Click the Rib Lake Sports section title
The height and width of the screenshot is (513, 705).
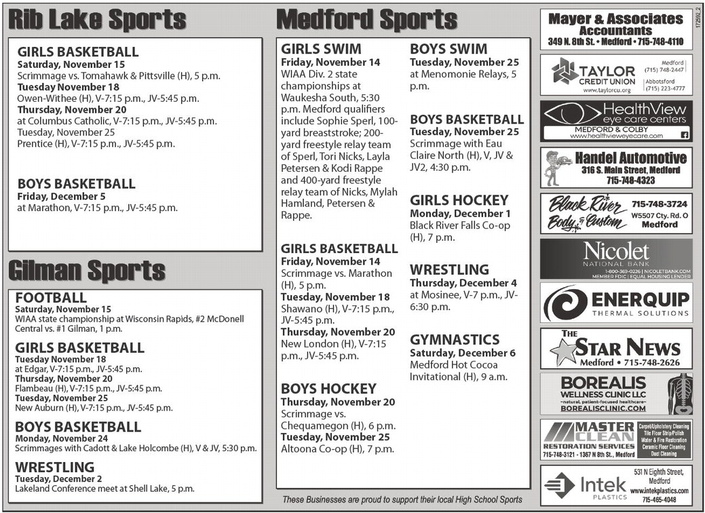97,20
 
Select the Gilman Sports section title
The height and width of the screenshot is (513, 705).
86,271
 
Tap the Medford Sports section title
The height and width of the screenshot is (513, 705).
367,20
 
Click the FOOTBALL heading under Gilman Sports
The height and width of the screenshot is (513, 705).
51,297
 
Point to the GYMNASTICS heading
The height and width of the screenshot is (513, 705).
455,340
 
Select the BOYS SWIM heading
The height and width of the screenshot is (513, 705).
449,49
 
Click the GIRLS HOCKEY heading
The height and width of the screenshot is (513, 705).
459,200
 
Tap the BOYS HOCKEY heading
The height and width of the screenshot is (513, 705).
328,389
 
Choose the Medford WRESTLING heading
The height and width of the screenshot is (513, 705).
449,270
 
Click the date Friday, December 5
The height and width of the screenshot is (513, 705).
61,196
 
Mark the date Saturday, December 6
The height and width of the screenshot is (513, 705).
463,353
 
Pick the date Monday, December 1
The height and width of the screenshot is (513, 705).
460,213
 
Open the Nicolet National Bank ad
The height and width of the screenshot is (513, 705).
616,259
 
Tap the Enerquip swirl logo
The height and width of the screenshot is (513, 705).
565,303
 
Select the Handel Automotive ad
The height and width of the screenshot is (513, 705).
616,168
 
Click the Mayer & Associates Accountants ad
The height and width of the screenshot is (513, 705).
616,29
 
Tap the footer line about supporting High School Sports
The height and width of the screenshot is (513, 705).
402,500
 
